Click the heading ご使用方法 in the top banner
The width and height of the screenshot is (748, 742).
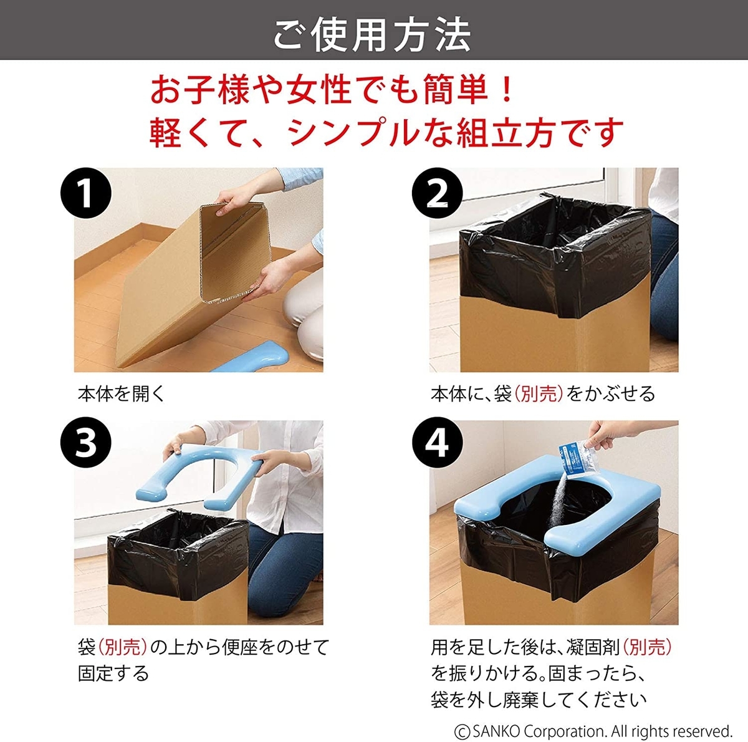pos(373,34)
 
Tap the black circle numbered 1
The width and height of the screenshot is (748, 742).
pos(86,193)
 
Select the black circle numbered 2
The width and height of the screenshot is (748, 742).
pos(437,193)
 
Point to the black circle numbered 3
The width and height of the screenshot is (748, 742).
pos(86,443)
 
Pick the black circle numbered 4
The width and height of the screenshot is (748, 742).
pos(437,443)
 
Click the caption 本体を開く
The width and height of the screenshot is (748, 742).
pos(122,394)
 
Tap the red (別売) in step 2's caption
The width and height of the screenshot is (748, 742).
pos(539,394)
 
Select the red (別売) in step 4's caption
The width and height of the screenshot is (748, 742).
pos(648,647)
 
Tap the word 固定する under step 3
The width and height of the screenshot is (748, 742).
pos(113,674)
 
